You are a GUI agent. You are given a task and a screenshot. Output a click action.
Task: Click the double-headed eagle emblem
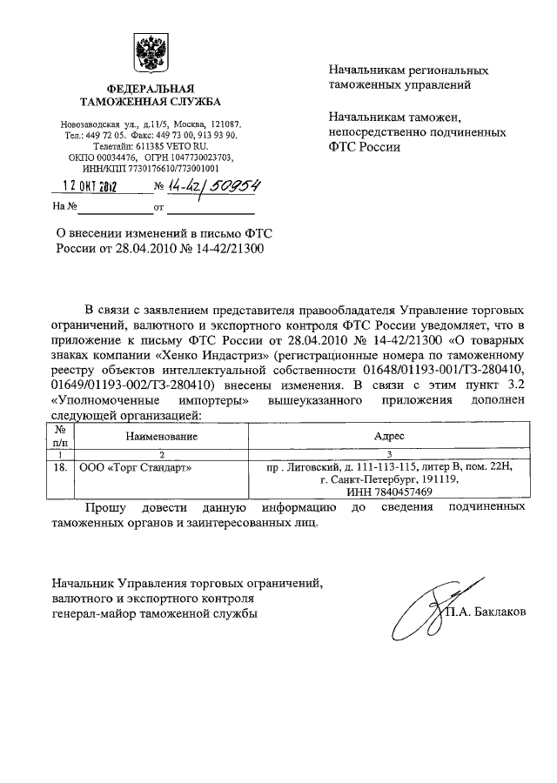(x=150, y=54)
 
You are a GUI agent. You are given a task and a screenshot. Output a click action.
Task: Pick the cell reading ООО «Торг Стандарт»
(x=136, y=467)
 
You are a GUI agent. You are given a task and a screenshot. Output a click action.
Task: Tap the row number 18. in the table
(x=61, y=467)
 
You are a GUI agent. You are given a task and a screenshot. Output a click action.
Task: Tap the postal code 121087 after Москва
(x=224, y=124)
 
